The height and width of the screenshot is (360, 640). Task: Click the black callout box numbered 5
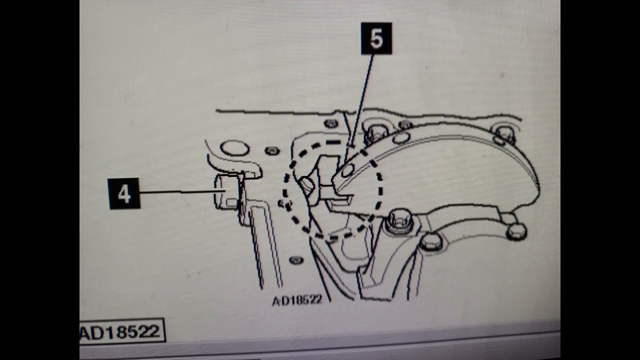(x=376, y=38)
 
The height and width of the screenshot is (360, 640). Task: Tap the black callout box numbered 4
(x=124, y=193)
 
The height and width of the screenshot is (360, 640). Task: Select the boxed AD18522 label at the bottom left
(x=122, y=331)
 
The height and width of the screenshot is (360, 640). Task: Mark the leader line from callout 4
(x=183, y=192)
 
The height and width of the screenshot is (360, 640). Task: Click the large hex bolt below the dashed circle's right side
(x=399, y=221)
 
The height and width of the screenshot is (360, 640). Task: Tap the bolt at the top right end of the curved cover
(x=504, y=135)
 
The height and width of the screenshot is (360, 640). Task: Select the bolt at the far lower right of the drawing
(x=516, y=231)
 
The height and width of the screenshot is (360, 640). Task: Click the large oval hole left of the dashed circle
(x=235, y=148)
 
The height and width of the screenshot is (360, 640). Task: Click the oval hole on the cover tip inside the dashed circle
(x=347, y=170)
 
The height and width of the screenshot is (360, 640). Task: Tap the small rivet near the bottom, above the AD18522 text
(x=296, y=260)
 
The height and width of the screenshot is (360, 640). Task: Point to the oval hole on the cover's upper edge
(x=401, y=138)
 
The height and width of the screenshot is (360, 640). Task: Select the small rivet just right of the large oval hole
(x=272, y=150)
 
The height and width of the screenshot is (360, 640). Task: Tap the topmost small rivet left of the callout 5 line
(x=331, y=123)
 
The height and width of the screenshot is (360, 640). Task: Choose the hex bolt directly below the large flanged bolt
(x=431, y=242)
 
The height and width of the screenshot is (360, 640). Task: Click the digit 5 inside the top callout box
(x=376, y=38)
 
